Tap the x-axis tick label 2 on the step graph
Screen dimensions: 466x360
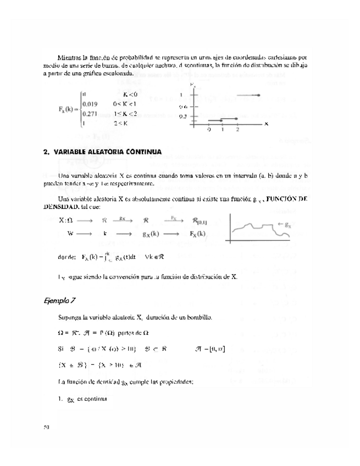pyautogui.click(x=237, y=130)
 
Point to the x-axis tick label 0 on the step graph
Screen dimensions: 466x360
pyautogui.click(x=208, y=130)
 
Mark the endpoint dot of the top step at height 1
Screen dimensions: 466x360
pyautogui.click(x=258, y=96)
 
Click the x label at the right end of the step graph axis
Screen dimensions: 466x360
pyautogui.click(x=266, y=124)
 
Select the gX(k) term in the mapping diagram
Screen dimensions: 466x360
pyautogui.click(x=150, y=233)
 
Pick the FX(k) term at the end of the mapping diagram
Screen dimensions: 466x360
pyautogui.click(x=201, y=233)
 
